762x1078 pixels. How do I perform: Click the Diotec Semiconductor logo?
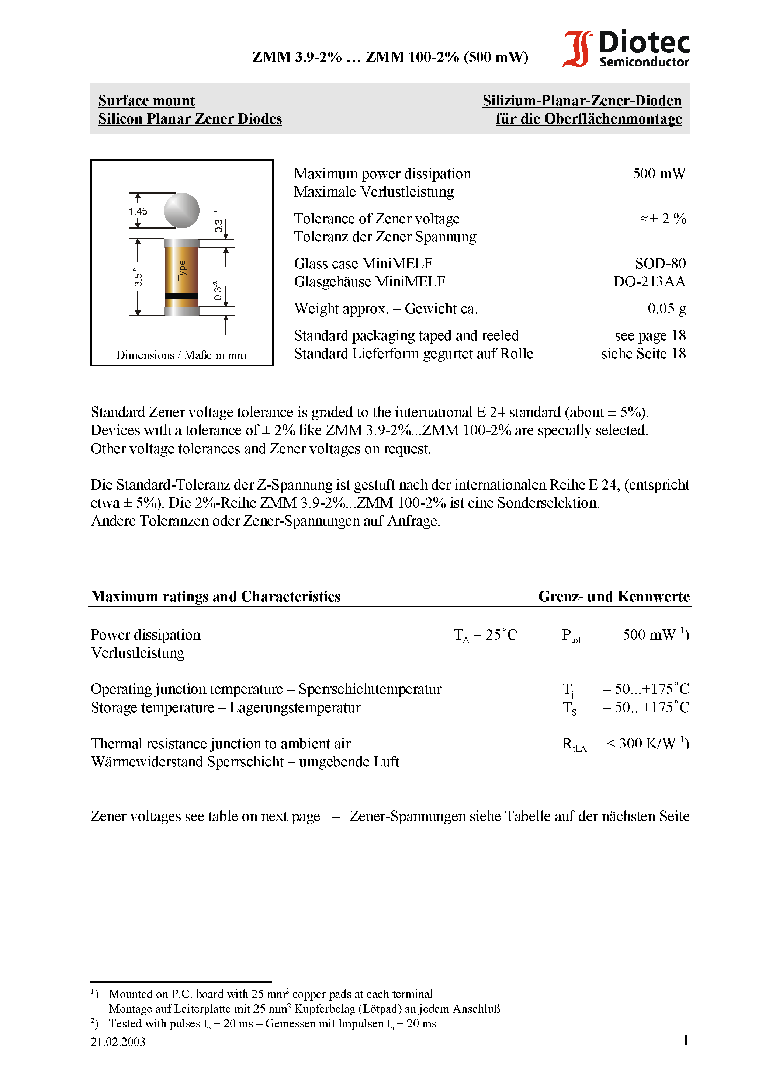(x=626, y=49)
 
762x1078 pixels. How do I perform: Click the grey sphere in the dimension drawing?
(x=182, y=211)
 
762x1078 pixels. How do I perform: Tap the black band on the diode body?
(x=182, y=296)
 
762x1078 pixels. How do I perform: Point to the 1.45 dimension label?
(x=138, y=211)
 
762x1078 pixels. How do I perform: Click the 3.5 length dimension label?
(x=138, y=277)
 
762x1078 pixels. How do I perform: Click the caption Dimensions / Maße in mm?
(x=181, y=355)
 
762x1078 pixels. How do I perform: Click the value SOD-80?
(x=660, y=263)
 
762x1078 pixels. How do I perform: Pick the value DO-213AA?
(x=649, y=282)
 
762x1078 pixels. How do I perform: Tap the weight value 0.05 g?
(x=666, y=309)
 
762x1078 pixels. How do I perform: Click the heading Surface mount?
(x=146, y=101)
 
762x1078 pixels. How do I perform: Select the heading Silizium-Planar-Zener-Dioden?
(x=582, y=101)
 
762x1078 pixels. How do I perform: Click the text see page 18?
(x=650, y=336)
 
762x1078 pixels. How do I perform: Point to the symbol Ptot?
(x=571, y=636)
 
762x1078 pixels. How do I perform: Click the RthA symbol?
(x=574, y=744)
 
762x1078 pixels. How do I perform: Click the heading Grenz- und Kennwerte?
(x=613, y=596)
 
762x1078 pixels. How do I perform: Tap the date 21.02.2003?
(x=118, y=1042)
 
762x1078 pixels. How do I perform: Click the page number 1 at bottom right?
(x=685, y=1040)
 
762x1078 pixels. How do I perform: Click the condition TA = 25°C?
(x=485, y=635)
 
